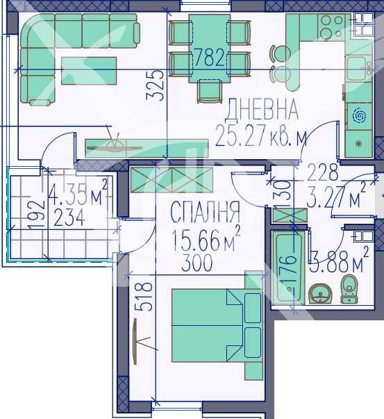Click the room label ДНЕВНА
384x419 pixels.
point(263,109)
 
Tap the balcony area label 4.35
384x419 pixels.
point(70,190)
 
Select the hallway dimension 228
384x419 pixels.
point(323,171)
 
